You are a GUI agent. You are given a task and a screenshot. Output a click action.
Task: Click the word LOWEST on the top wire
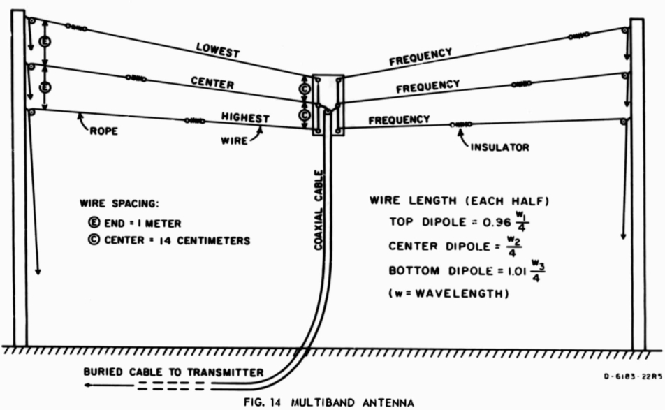[218, 51]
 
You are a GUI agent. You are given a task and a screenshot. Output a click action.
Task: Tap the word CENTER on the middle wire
[212, 82]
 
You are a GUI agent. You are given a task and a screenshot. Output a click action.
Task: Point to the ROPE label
[104, 131]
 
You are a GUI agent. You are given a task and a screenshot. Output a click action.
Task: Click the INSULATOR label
[499, 147]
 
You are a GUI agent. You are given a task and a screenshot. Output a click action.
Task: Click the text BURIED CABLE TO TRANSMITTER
[173, 372]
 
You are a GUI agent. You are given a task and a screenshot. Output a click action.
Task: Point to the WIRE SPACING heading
[119, 203]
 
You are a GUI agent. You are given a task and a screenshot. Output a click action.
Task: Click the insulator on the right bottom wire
[461, 124]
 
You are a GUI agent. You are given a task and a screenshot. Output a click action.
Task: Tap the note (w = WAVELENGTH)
[447, 294]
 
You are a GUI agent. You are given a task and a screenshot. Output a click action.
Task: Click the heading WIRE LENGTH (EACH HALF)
[458, 200]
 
